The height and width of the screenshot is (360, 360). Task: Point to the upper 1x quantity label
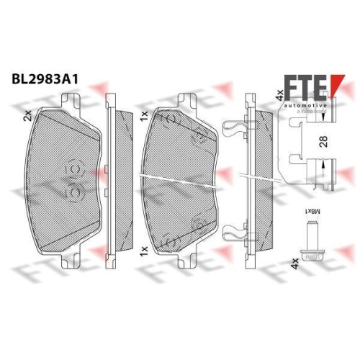tap(144, 114)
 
